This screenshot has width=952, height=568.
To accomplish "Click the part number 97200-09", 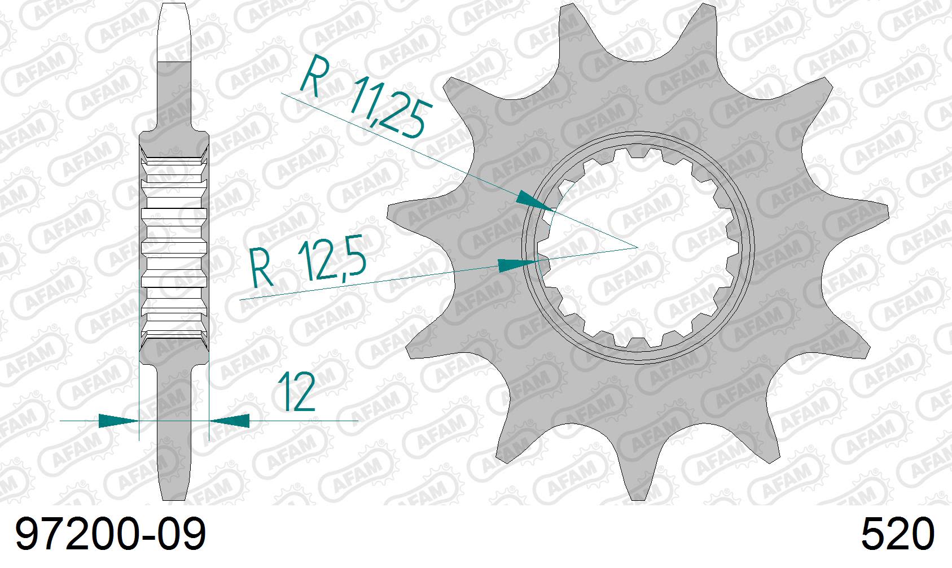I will tap(111, 535).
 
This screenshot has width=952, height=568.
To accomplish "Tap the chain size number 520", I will tap(897, 535).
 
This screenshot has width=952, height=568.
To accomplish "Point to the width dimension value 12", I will tap(297, 391).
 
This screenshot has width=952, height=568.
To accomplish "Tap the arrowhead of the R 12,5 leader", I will tap(517, 264).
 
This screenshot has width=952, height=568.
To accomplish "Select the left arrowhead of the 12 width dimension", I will tap(119, 421).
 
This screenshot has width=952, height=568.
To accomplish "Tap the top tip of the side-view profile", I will tap(174, 5).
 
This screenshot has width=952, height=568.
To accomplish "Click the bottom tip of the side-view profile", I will tap(174, 499).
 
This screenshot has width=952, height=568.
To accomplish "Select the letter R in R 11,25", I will tap(312, 76).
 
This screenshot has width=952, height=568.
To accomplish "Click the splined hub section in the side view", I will tap(174, 248).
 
